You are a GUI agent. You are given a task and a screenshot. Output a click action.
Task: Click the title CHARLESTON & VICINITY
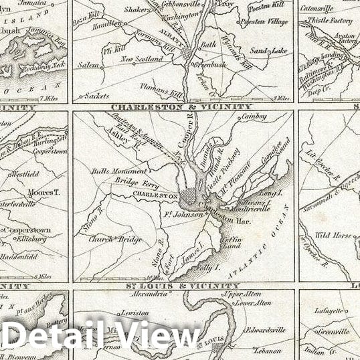pyautogui.click(x=181, y=106)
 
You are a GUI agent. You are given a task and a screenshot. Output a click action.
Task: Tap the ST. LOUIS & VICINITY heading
pyautogui.click(x=181, y=286)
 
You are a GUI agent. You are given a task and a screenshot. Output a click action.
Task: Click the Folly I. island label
pyautogui.click(x=208, y=268)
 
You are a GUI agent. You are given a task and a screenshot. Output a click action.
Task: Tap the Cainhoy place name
pyautogui.click(x=254, y=116)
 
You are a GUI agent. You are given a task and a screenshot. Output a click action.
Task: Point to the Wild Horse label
pyautogui.click(x=332, y=235)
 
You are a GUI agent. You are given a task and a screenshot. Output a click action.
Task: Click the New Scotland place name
pyautogui.click(x=142, y=59)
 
